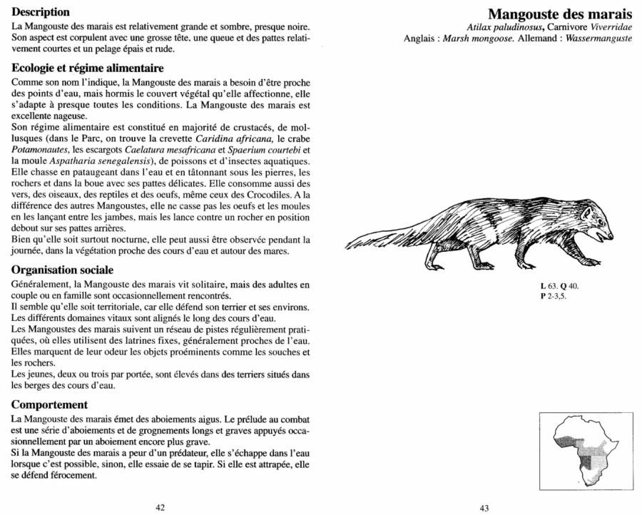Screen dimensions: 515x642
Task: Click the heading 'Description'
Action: (41, 11)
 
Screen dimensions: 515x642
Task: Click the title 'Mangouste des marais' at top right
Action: (560, 14)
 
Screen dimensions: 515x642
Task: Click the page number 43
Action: (484, 508)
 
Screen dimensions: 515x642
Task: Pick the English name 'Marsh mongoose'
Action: (477, 38)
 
